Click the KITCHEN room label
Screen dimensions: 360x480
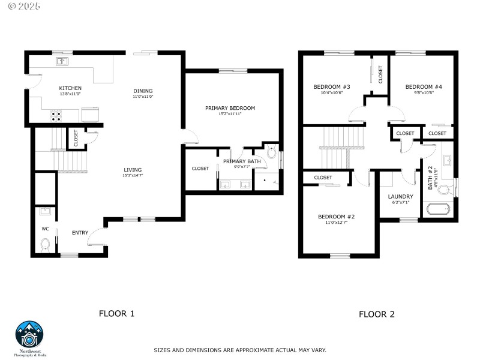point(70,88)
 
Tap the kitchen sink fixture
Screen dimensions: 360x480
point(62,61)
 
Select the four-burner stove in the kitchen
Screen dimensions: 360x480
point(56,114)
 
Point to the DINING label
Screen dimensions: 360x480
point(143,91)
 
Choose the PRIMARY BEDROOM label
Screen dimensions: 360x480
point(230,108)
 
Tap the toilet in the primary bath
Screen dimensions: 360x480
point(271,153)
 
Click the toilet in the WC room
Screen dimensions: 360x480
point(45,244)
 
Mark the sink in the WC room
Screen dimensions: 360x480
point(44,211)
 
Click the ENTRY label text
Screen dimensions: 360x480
point(80,233)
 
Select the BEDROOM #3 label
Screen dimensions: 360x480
point(331,87)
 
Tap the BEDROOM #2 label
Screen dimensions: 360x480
point(336,217)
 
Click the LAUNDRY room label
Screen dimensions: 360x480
point(400,196)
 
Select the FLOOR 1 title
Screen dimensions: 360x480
point(116,313)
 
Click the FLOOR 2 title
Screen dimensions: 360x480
point(376,314)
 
